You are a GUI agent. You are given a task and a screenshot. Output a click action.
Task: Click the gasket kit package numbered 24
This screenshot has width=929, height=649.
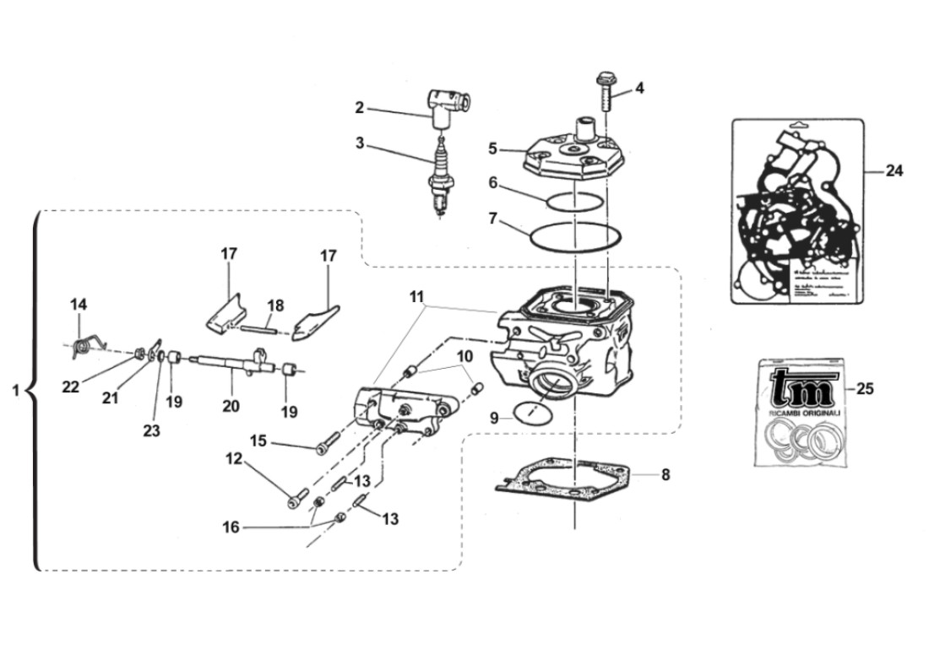tap(797, 211)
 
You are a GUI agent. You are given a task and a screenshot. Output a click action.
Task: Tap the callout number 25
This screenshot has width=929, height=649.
tap(865, 389)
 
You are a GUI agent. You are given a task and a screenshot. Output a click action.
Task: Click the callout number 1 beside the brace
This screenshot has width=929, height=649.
tap(15, 391)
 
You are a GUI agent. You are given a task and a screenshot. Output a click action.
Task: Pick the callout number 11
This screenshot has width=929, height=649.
tap(416, 298)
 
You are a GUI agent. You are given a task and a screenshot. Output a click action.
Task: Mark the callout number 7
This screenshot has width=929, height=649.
tap(493, 219)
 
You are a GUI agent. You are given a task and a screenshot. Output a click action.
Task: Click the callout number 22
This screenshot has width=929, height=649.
tap(70, 386)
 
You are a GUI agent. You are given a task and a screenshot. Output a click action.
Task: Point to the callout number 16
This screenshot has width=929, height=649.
tap(231, 527)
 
